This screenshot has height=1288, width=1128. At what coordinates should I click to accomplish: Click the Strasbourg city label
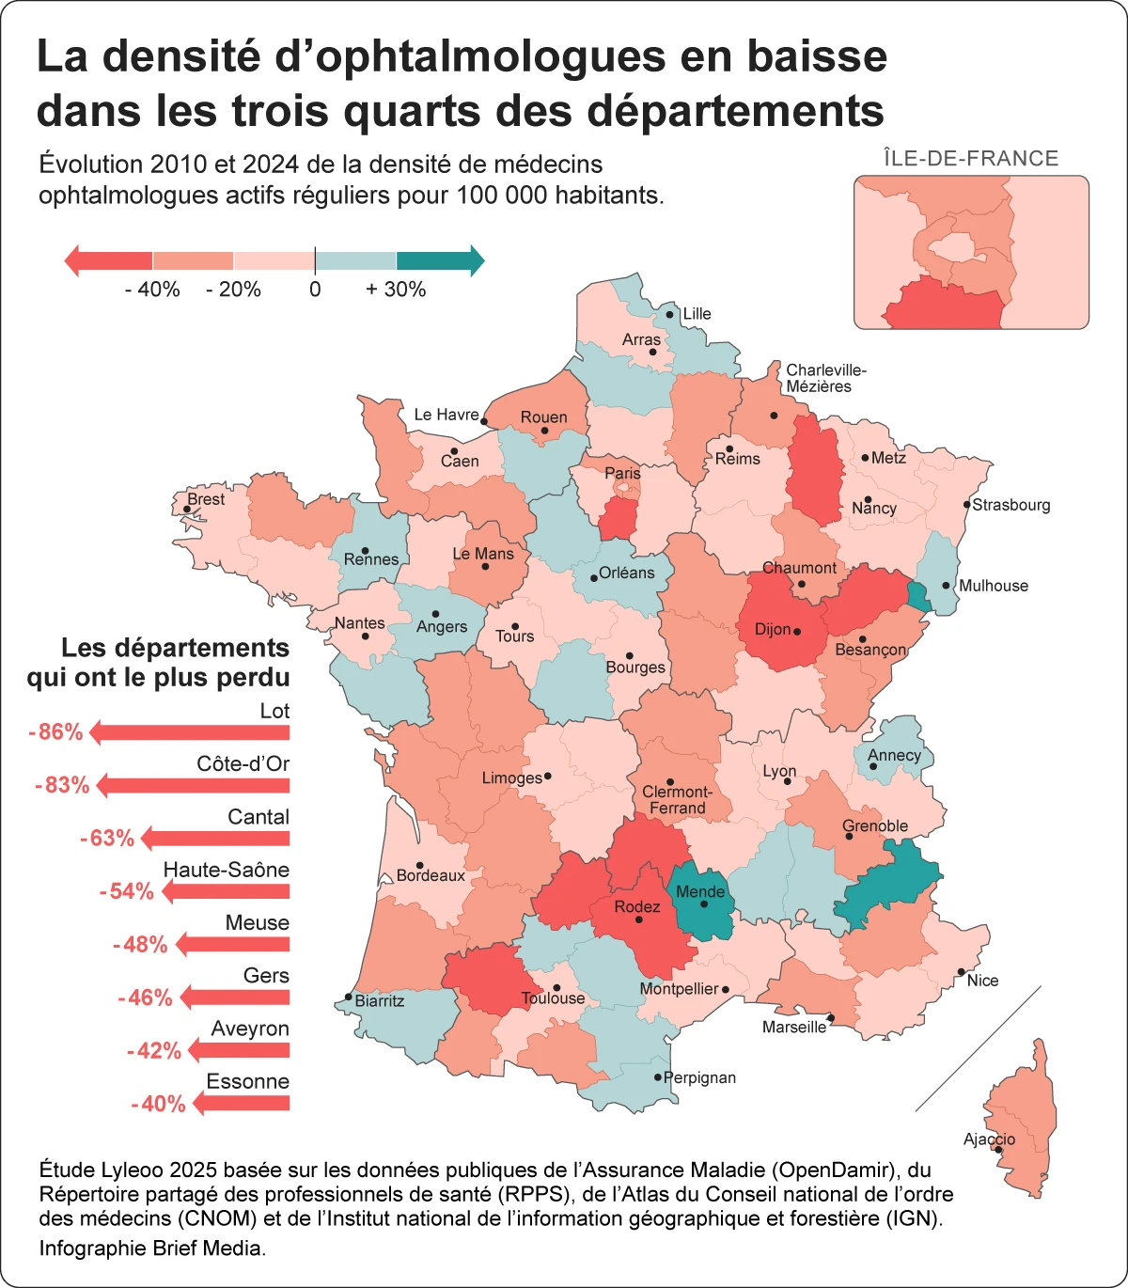(1010, 505)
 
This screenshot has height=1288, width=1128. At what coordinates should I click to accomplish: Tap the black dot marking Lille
(670, 315)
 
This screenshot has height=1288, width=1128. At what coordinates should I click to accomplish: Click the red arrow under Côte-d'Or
(193, 785)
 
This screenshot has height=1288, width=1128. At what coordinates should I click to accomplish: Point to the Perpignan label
(699, 1077)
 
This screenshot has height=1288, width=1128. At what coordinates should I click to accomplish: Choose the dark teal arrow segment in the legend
(438, 260)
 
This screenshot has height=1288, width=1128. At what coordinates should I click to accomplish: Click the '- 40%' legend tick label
(151, 290)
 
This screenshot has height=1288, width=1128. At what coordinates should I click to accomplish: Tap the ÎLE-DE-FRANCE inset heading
(971, 158)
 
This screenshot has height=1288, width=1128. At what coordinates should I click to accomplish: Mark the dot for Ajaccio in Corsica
(998, 1150)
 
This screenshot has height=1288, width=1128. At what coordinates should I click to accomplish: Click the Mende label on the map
(700, 891)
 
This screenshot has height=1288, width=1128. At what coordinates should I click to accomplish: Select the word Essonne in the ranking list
(247, 1081)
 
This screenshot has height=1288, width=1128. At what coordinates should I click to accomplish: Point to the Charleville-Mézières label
(825, 378)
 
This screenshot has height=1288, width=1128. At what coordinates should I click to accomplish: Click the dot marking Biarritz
(349, 997)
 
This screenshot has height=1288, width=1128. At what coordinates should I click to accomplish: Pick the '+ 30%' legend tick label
(396, 290)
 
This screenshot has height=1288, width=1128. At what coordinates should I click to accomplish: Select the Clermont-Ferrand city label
(677, 800)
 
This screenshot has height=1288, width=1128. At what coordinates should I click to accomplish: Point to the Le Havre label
(446, 415)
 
